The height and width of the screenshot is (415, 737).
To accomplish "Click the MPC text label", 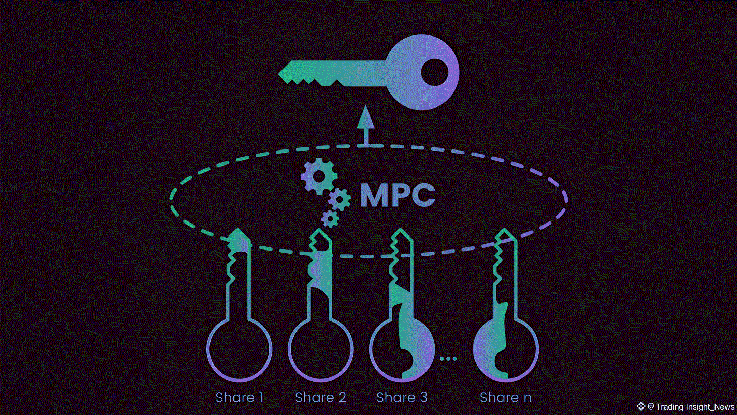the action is point(398,195).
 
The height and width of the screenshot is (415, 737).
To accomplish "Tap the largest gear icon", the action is point(319,176).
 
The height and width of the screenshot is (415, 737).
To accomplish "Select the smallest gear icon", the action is point(330,218).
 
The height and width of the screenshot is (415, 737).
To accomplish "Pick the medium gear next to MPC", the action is point(339,199).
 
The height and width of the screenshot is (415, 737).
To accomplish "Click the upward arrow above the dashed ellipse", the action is point(366,125).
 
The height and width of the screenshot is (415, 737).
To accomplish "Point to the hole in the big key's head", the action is point(434,72).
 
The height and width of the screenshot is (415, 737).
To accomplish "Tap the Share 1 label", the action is point(239,398).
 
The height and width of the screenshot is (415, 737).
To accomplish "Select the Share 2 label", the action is point(320,398).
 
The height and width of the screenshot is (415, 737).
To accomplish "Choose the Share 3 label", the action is point(402,398).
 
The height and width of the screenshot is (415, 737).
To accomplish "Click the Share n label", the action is point(505,398).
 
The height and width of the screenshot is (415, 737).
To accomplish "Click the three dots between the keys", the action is point(448,359).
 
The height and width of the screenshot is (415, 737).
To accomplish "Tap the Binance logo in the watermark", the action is point(640,406).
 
